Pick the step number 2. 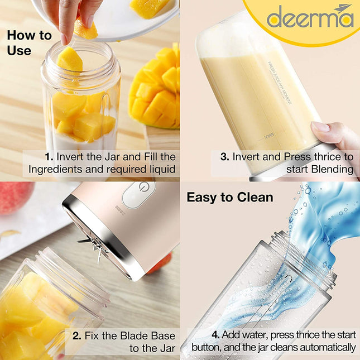77,335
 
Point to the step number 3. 224,157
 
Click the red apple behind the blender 15,198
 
